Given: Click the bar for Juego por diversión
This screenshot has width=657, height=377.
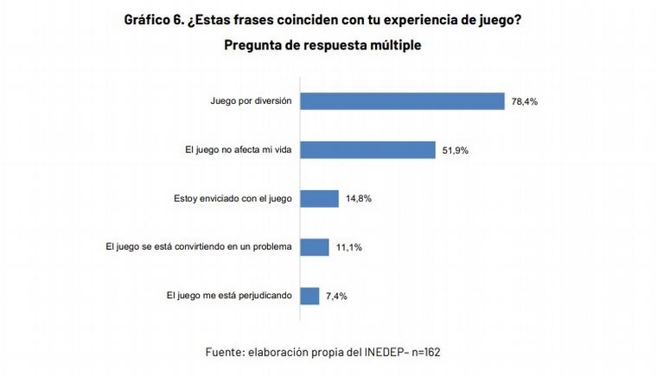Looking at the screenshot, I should click(x=402, y=101).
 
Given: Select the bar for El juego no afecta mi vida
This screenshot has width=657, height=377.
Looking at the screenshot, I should click(x=367, y=150).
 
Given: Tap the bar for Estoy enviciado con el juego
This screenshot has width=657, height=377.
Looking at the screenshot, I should click(x=319, y=199).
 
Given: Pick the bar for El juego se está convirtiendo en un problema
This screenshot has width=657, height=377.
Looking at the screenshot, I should click(x=315, y=247).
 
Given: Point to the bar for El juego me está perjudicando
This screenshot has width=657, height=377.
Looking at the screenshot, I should click(x=309, y=296).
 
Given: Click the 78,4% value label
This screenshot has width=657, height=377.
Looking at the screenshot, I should click(x=524, y=101).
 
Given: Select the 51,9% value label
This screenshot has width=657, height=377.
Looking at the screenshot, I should click(x=455, y=150).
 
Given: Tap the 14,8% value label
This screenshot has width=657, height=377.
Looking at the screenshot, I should click(x=358, y=199).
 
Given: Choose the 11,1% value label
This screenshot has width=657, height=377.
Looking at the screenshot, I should click(x=348, y=247).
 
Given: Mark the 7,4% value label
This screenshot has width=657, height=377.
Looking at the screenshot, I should click(x=335, y=296).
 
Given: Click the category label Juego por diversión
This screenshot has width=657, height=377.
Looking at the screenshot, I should click(x=252, y=101).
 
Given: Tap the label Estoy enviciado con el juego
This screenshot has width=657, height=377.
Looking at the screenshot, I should click(x=233, y=199).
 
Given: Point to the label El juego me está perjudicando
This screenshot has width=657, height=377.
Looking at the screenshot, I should click(x=229, y=296).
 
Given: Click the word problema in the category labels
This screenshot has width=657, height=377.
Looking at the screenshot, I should click(x=271, y=247).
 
